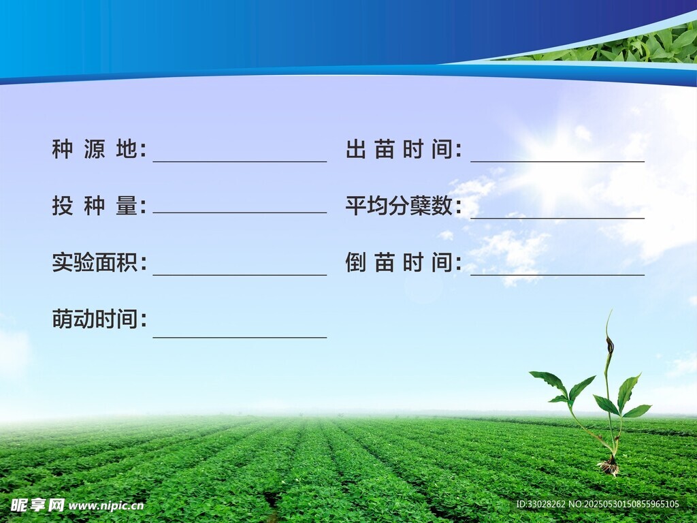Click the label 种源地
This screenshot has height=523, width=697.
click(x=99, y=149)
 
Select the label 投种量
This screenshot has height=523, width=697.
click(x=99, y=206)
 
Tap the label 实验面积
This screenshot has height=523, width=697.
click(x=99, y=262)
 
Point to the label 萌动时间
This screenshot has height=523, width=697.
click(x=99, y=319)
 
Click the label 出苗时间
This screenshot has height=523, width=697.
click(x=403, y=149)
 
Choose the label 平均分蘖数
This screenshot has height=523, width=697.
click(x=403, y=206)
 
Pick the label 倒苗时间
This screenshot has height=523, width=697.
click(x=403, y=262)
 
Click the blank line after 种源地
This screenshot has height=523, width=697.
click(x=240, y=161)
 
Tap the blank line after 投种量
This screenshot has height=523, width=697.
click(x=240, y=212)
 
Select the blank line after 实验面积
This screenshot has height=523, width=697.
click(x=240, y=275)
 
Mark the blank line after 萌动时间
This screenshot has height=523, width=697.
click(x=240, y=338)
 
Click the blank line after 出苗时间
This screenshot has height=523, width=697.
click(x=557, y=161)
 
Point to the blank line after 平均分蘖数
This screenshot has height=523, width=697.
click(x=557, y=218)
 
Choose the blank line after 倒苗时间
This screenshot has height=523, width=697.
click(x=557, y=275)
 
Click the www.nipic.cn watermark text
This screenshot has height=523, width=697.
click(x=106, y=506)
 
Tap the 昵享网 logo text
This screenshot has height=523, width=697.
click(x=37, y=505)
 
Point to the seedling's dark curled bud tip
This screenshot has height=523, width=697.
click(x=610, y=345)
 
